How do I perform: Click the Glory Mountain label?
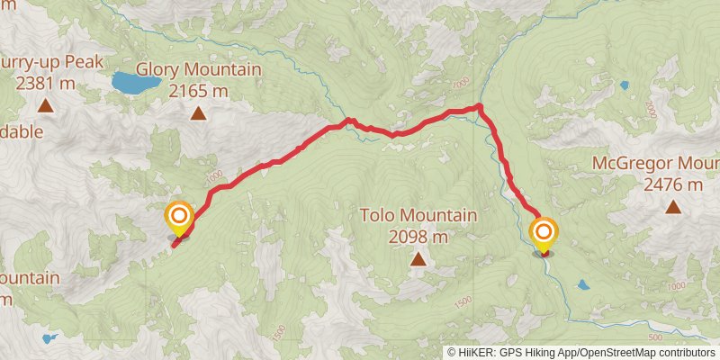(x=198, y=70)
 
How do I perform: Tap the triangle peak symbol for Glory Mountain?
(x=198, y=112)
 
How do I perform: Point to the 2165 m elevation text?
(x=198, y=91)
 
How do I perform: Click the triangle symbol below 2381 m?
(x=45, y=106)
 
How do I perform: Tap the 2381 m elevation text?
(x=45, y=85)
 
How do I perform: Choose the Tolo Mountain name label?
(x=418, y=216)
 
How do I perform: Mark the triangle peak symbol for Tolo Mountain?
(x=418, y=259)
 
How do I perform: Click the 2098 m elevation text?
(x=418, y=238)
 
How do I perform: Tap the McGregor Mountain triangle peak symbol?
(x=672, y=207)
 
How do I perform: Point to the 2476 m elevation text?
(x=672, y=184)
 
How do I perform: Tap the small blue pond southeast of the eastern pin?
(x=584, y=284)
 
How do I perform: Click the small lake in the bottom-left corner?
(x=49, y=339)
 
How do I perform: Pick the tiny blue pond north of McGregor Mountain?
(x=625, y=86)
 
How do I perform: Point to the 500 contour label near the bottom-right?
(x=655, y=334)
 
